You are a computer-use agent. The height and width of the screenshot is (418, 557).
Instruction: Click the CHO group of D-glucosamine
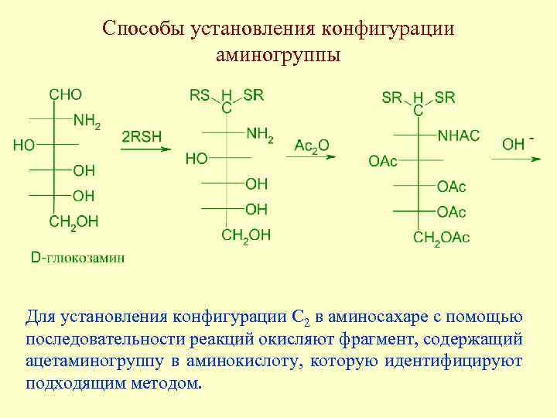point(65,94)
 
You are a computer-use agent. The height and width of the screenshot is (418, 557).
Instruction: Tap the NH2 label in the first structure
point(87,121)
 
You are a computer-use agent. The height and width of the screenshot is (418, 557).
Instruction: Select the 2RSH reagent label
point(142,136)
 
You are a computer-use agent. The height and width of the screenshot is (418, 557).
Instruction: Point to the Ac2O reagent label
point(311,146)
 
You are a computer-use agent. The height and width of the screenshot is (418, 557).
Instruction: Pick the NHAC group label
point(458,135)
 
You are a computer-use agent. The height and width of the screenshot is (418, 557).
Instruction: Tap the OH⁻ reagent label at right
point(518,144)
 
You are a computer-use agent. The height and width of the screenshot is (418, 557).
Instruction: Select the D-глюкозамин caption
point(77,257)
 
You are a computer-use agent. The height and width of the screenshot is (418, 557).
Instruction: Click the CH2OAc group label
point(441,238)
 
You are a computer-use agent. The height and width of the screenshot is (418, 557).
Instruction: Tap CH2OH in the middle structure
point(246,235)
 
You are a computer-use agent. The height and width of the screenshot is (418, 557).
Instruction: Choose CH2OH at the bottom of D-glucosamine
point(73,222)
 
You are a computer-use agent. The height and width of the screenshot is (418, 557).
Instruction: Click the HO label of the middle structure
point(196,159)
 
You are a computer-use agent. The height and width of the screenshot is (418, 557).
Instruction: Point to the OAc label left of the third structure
point(383,161)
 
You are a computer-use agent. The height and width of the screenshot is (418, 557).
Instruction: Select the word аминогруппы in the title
point(278,56)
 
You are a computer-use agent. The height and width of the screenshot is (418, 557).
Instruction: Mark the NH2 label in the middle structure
point(260,135)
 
